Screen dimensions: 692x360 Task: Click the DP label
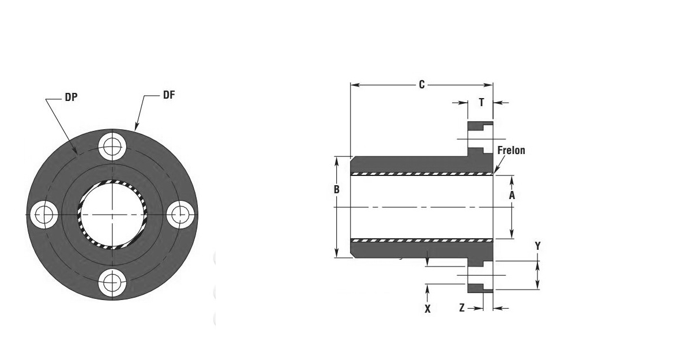tap(71, 97)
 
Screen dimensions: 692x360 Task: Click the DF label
tap(169, 95)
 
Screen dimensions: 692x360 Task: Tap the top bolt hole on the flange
tap(112, 147)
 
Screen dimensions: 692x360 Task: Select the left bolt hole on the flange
tap(44, 215)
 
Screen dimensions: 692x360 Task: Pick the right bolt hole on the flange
tap(180, 215)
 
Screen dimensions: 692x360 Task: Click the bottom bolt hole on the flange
tap(112, 283)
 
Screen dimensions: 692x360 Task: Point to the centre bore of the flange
tap(112, 215)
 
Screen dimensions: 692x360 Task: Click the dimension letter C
tap(422, 84)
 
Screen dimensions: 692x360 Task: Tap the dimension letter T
tap(482, 102)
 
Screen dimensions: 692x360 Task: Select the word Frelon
tap(512, 150)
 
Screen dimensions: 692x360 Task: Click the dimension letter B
tap(337, 189)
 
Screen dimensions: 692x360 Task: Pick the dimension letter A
tap(512, 196)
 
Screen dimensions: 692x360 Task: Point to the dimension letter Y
tap(538, 246)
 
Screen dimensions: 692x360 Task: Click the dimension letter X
tap(427, 309)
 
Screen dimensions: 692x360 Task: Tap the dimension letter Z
tap(462, 307)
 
